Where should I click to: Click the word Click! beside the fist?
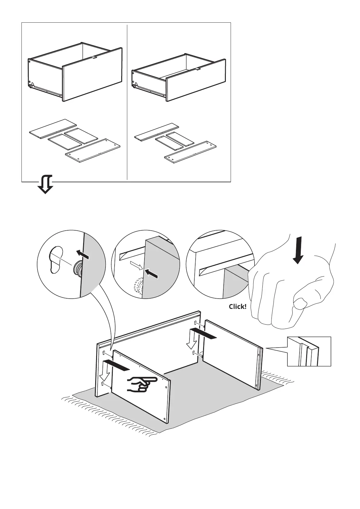238,306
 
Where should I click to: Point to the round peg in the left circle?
77,268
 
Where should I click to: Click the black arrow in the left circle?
83,254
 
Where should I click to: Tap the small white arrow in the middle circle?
135,265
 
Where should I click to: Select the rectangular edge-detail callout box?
309,351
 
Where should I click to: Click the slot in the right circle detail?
224,270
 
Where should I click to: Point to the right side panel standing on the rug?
232,354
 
